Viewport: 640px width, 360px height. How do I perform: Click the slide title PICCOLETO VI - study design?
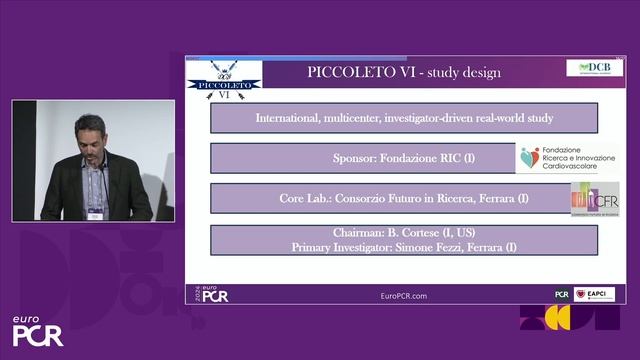403,72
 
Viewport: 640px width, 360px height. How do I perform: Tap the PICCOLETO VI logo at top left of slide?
224,80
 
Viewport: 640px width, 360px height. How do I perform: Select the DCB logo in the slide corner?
594,68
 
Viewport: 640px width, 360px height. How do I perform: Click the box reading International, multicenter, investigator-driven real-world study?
404,118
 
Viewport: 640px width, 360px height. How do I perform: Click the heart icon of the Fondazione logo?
529,158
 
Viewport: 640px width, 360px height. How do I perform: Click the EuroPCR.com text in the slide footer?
404,295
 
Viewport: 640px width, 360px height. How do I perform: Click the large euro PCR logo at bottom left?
37,331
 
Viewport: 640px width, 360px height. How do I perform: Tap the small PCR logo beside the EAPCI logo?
562,294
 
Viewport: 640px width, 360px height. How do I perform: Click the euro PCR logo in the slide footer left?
211,294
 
